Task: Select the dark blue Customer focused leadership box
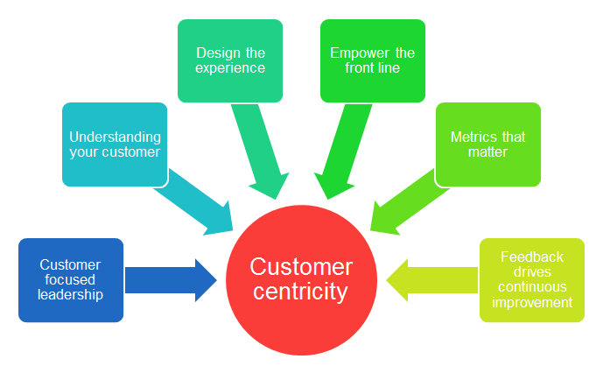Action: (x=71, y=280)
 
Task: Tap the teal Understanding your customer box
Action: (x=115, y=144)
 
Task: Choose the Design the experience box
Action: (x=230, y=60)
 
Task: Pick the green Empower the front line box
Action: (x=373, y=60)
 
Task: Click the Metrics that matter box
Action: (x=487, y=144)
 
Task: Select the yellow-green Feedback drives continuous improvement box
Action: (x=531, y=280)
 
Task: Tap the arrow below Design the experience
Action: (x=262, y=149)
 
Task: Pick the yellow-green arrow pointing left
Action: (x=432, y=280)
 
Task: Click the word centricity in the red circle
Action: (x=301, y=292)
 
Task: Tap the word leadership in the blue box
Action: (x=71, y=295)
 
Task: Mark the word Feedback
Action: (x=531, y=257)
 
